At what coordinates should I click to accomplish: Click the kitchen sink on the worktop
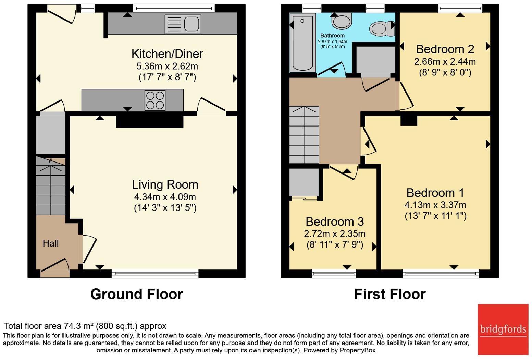(183, 24)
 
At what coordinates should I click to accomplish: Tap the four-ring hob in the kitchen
(155, 100)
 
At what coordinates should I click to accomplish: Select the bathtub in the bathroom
(302, 43)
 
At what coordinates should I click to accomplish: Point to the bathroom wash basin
(341, 22)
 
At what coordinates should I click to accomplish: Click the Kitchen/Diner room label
(167, 54)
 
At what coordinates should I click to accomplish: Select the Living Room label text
(165, 184)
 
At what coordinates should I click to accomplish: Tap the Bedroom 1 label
(435, 193)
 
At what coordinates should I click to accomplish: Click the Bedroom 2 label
(445, 49)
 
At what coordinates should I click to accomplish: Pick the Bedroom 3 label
(334, 221)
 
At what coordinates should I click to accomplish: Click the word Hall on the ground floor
(51, 243)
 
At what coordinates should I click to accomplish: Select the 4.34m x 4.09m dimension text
(165, 197)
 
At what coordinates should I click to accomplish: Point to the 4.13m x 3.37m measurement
(435, 205)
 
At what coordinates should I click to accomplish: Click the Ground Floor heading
(136, 294)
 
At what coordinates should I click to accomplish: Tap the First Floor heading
(389, 294)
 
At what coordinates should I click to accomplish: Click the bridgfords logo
(503, 329)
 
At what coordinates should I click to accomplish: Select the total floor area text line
(85, 326)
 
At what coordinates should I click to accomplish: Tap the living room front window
(155, 273)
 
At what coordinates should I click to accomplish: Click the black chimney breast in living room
(150, 122)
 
